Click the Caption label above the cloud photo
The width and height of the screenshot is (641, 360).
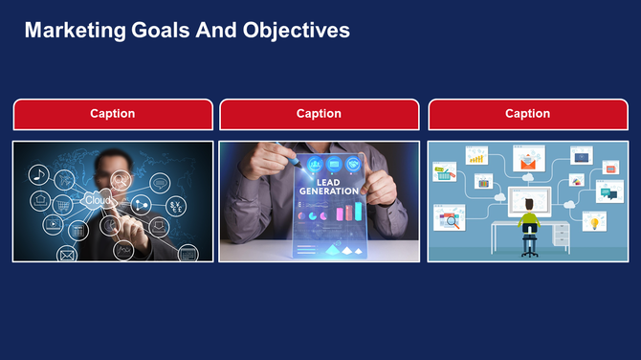(112, 114)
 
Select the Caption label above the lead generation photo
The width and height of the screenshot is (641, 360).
(319, 114)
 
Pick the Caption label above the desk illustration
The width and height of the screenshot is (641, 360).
(527, 114)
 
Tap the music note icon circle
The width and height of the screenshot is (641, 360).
(38, 174)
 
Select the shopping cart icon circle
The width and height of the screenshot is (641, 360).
(63, 205)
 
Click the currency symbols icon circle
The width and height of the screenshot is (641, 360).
(176, 206)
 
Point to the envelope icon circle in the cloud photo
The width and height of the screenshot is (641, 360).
(67, 255)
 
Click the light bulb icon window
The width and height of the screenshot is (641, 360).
(594, 223)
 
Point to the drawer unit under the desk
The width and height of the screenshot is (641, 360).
(561, 235)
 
